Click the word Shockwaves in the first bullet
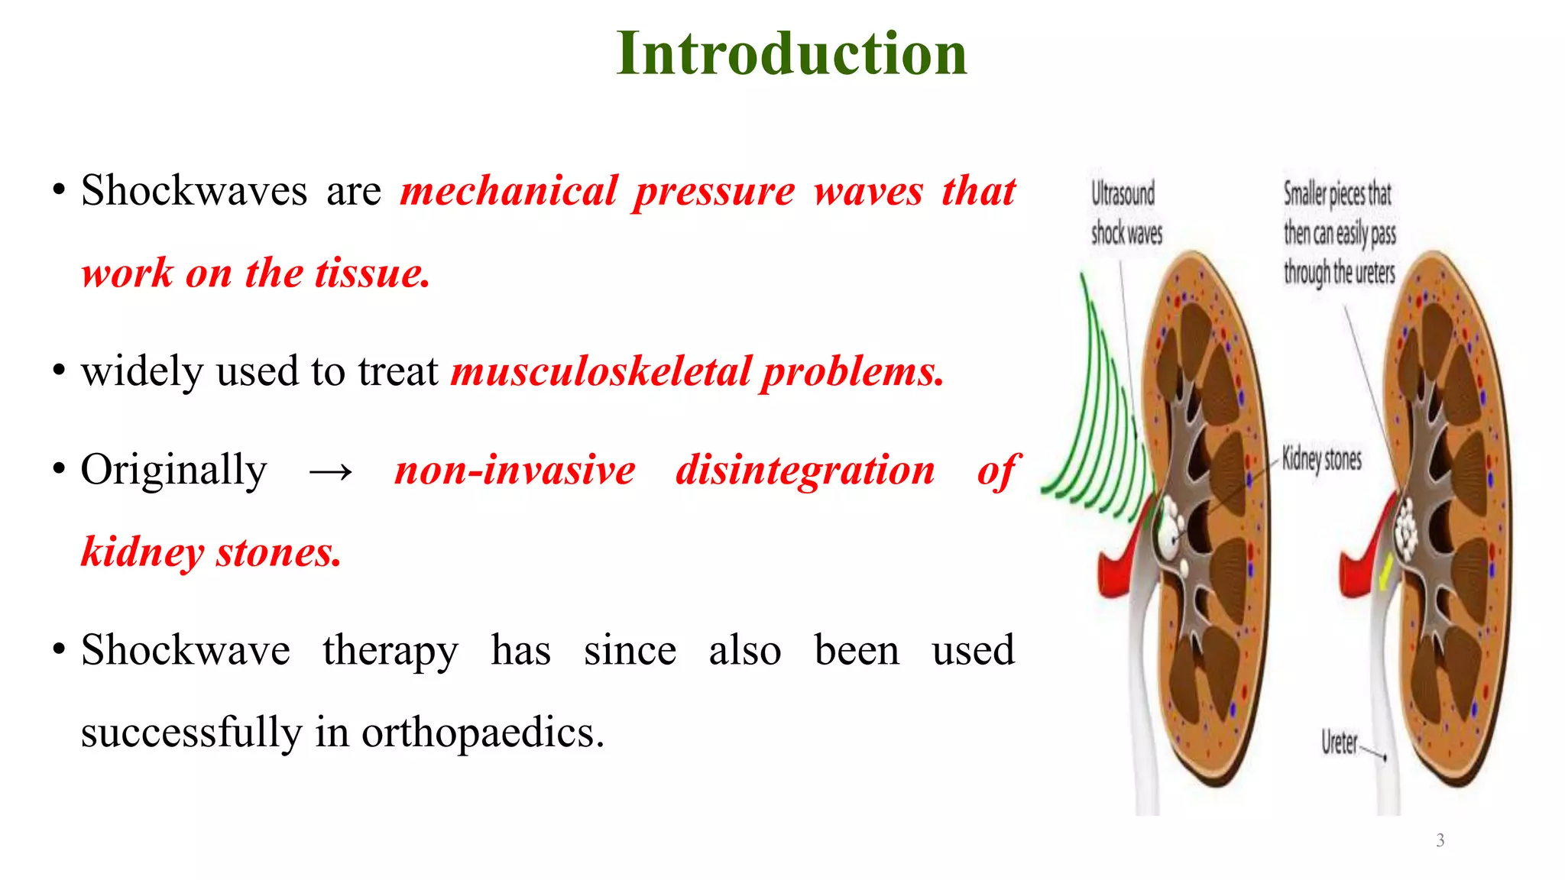pos(194,190)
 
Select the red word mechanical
pos(509,190)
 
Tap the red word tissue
pos(372,273)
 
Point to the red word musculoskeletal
pos(601,371)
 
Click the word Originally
pos(174,469)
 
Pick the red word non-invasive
pos(515,469)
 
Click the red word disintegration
pos(805,469)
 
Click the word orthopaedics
pos(482,733)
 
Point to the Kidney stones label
pos(1321,458)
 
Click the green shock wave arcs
pos(1100,428)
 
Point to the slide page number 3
pos(1440,840)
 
